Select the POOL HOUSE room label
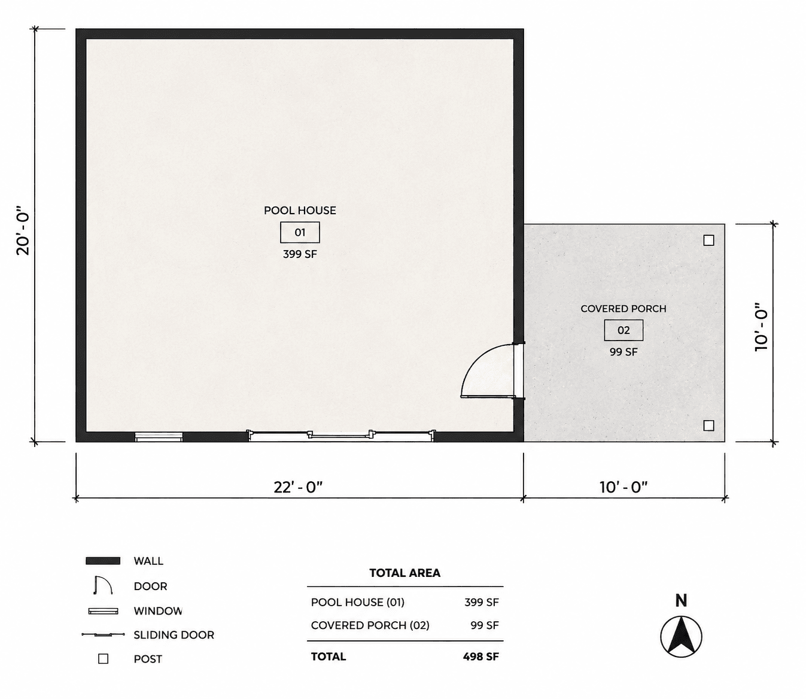point(300,211)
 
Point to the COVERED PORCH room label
point(623,309)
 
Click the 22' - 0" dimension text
point(299,488)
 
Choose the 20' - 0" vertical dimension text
point(23,234)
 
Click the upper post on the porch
point(709,241)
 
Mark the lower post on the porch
point(709,426)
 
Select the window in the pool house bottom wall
point(159,437)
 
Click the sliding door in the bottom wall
point(341,436)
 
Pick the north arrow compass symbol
point(681,637)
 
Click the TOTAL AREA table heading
point(405,573)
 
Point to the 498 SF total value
point(481,657)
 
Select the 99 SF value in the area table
point(485,625)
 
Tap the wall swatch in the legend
point(103,561)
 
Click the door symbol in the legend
point(103,585)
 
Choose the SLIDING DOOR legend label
point(174,635)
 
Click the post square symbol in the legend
point(104,660)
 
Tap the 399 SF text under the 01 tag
point(300,254)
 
